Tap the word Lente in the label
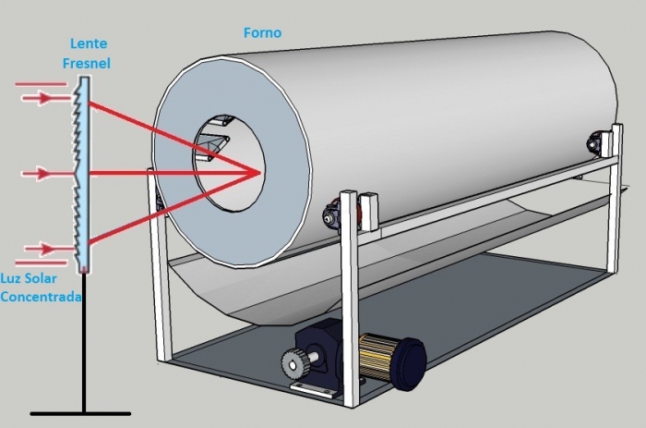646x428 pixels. click(x=89, y=43)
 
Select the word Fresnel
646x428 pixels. click(x=89, y=64)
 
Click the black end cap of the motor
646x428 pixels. click(x=408, y=355)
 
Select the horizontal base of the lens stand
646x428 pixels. click(x=81, y=413)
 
